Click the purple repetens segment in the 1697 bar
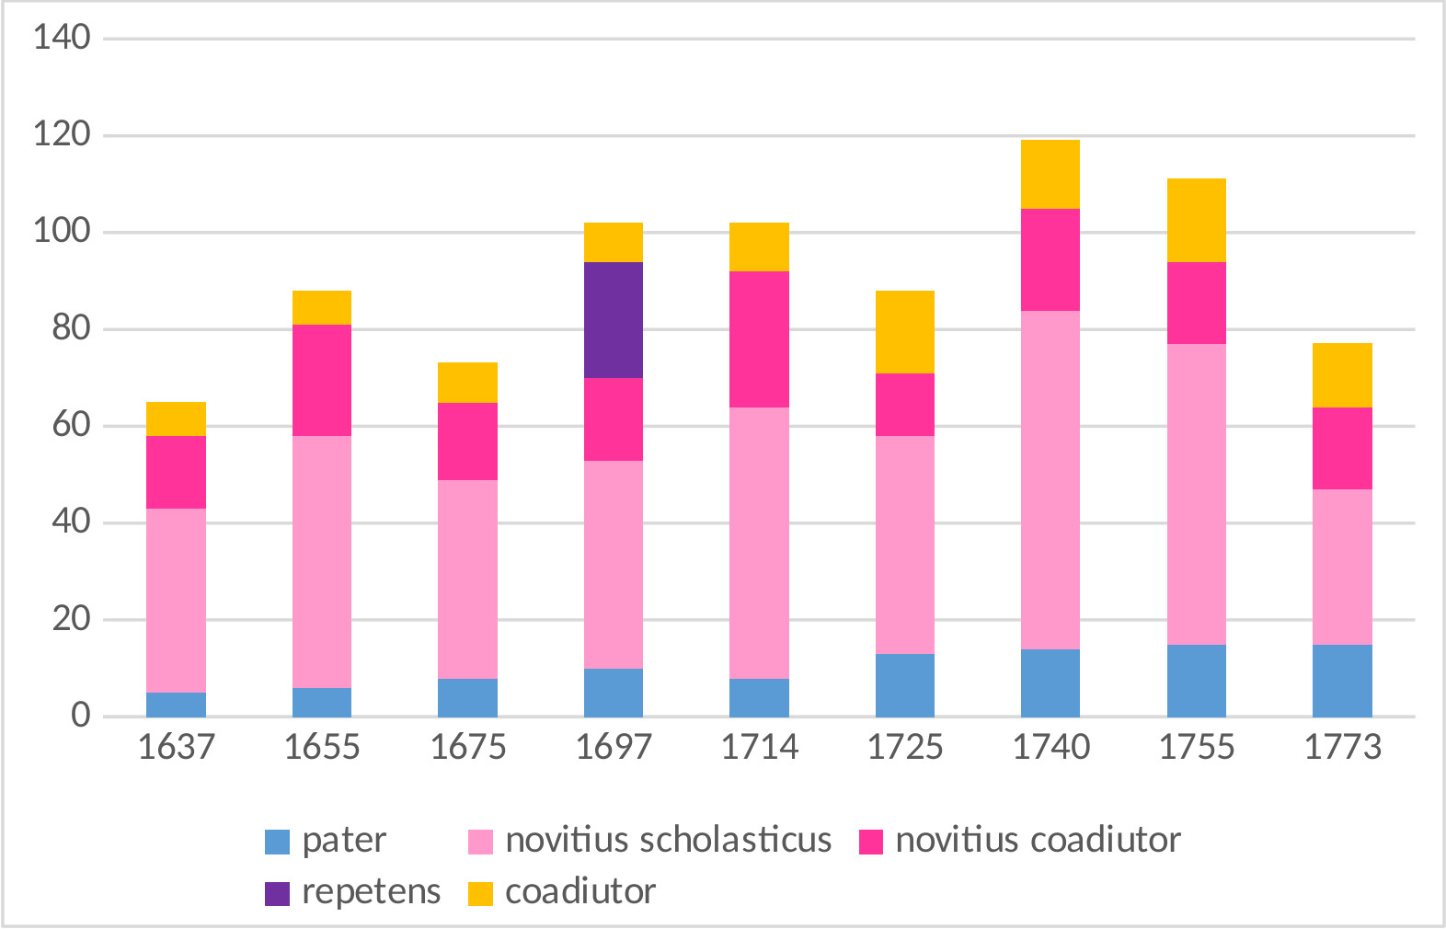614,320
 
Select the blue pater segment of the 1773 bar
1342,681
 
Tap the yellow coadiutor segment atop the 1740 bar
1050,175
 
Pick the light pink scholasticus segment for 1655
322,561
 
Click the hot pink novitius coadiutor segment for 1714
759,339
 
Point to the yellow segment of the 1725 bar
905,332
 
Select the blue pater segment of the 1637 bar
176,705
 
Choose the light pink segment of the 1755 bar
1197,494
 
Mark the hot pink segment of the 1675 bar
467,442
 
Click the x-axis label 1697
614,747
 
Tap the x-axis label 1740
1050,747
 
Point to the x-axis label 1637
176,747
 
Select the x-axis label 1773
1342,747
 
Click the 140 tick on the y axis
62,38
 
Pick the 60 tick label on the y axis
71,425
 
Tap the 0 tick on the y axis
81,716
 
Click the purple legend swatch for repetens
277,893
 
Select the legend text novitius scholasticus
668,841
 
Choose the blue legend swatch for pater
277,842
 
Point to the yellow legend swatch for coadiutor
480,893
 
